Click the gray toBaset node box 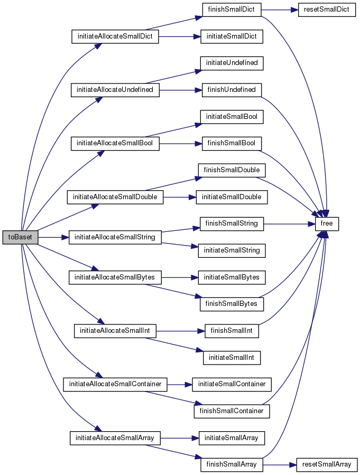point(20,237)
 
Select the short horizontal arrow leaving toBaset point(53,237)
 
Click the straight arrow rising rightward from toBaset point(68,217)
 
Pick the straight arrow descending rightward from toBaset point(68,257)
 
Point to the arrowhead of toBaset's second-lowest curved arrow point(99,376)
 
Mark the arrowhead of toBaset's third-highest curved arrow point(101,153)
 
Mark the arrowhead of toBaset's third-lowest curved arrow point(101,322)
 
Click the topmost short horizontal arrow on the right point(280,10)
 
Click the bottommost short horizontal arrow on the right point(280,465)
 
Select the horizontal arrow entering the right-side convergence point point(289,224)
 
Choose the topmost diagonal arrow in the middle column point(173,23)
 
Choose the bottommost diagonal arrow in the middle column point(173,451)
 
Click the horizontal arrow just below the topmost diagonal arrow point(180,36)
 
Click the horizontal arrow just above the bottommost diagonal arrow point(180,438)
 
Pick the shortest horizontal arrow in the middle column point(180,385)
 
